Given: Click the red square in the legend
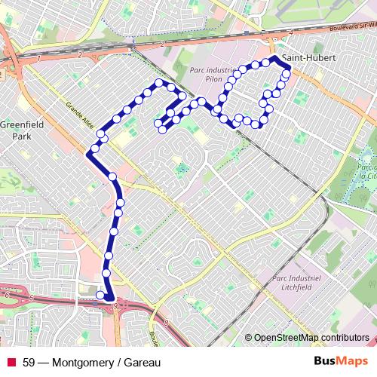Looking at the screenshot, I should [x=11, y=362].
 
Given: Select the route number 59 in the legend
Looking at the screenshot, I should [x=29, y=362].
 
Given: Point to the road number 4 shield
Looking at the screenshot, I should [x=291, y=33].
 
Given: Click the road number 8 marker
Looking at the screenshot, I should [x=166, y=322].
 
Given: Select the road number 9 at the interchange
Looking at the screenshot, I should [x=115, y=305].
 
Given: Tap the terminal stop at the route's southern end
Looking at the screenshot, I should [x=100, y=295].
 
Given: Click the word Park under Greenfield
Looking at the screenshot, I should [x=21, y=138].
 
